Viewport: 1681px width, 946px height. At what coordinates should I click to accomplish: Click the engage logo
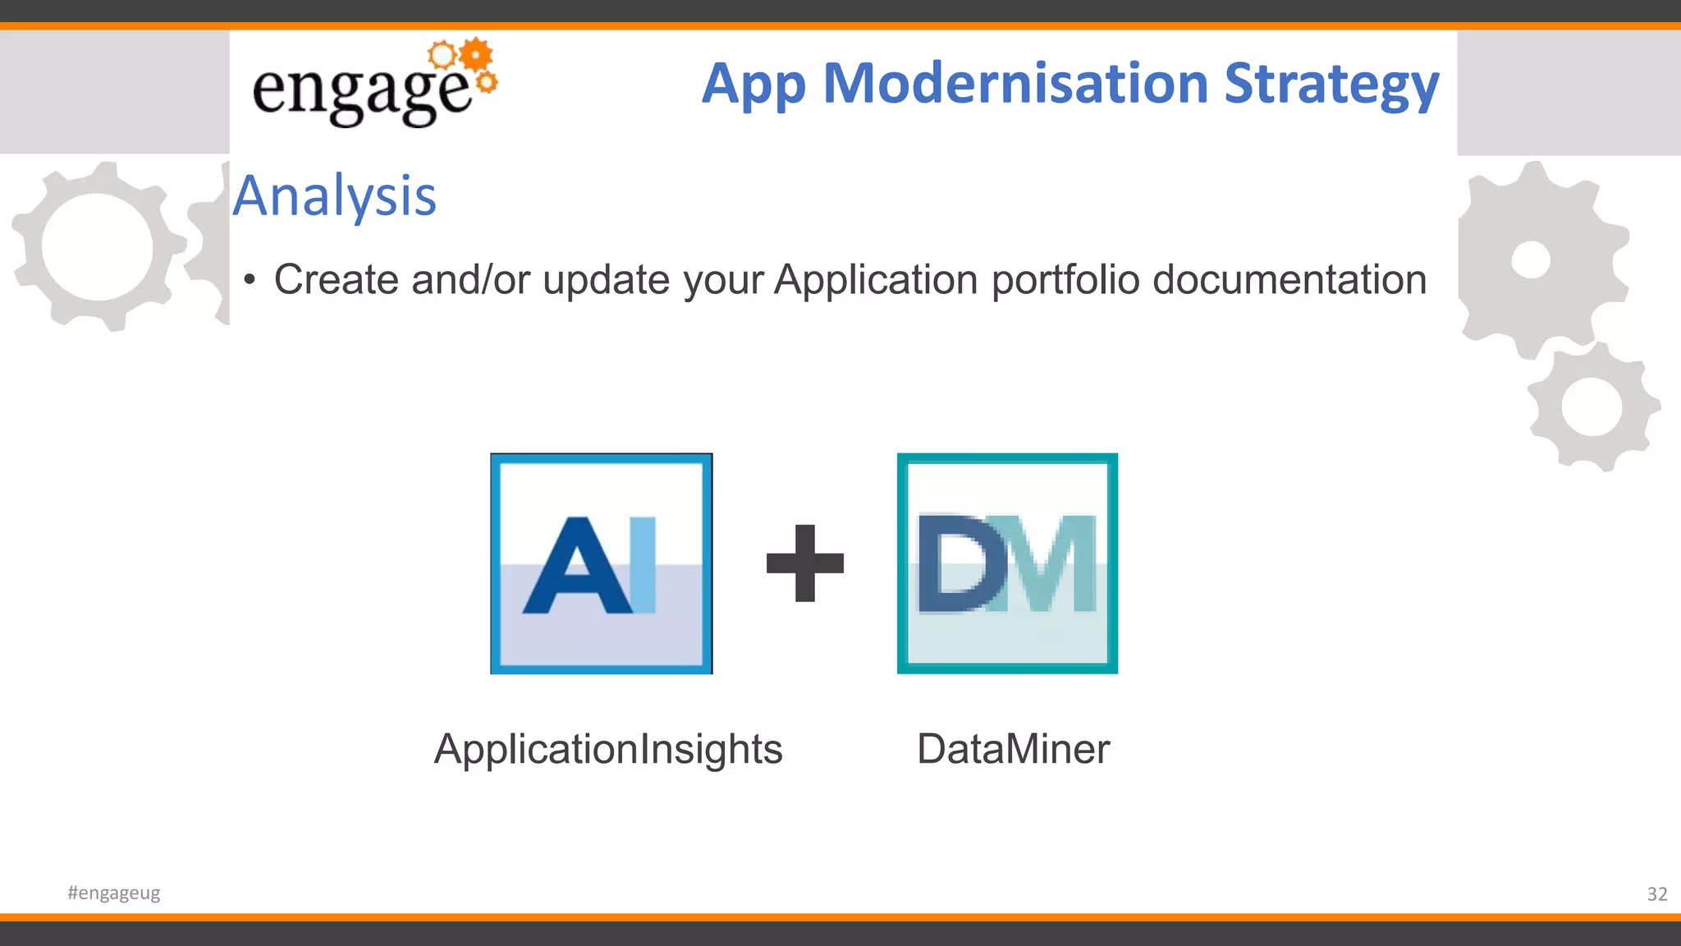(x=373, y=85)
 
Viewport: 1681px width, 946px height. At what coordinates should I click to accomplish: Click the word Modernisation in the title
(x=1015, y=84)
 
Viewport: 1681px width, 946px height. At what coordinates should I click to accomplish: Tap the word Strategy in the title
(x=1331, y=85)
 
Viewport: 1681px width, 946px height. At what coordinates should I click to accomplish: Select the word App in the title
(x=753, y=85)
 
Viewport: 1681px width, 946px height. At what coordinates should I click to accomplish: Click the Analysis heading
(x=334, y=196)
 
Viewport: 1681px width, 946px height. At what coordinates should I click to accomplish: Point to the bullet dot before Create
(x=250, y=281)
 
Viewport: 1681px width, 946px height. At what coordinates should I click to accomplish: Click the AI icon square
(x=601, y=563)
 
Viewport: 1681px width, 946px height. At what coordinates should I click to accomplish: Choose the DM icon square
(x=1007, y=563)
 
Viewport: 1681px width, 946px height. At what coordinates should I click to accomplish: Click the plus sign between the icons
(x=804, y=563)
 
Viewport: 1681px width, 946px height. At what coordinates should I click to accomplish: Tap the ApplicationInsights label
(x=608, y=749)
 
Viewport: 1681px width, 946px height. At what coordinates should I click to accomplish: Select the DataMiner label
(x=1013, y=749)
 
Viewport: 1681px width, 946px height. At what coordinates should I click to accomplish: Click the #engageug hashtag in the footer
(x=114, y=893)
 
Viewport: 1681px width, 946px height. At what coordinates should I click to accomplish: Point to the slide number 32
(x=1656, y=894)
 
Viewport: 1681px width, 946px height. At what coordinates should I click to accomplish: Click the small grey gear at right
(x=1592, y=407)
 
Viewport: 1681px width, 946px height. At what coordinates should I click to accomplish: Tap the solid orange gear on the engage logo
(x=475, y=56)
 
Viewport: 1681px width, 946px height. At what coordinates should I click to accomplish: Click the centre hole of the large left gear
(x=97, y=246)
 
